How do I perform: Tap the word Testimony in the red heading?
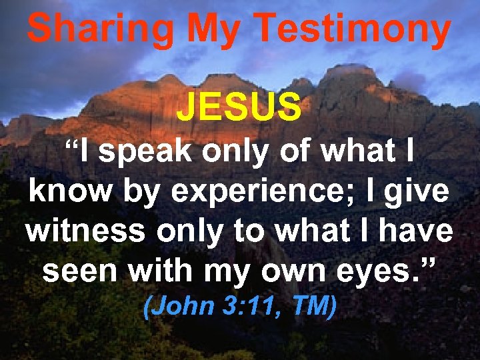click(353, 30)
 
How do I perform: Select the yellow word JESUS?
click(238, 107)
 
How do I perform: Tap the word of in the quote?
click(294, 153)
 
